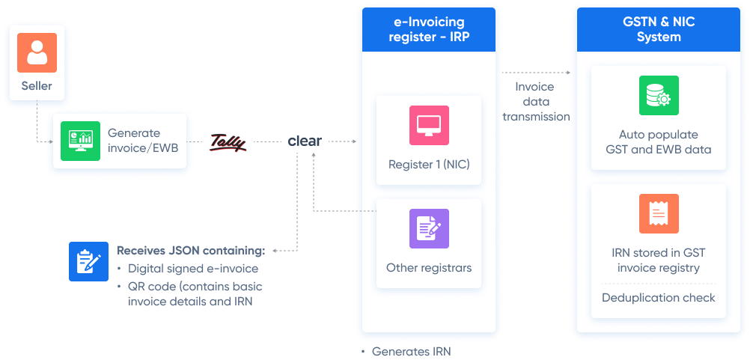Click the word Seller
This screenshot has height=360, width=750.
37,86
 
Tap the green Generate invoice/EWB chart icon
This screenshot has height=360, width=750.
80,141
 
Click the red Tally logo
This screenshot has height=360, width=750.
228,141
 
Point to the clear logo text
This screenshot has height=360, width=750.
305,141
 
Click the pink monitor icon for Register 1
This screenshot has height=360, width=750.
429,125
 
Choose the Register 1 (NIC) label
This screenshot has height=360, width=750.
429,165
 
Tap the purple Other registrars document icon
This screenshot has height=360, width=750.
429,228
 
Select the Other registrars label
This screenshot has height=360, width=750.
429,268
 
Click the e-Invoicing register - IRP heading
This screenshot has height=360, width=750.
429,30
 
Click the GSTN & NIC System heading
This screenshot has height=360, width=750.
659,30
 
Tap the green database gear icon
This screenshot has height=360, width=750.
659,95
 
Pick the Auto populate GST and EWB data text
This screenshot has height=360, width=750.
659,142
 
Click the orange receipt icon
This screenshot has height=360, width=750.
659,213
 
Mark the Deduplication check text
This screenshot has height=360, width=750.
659,298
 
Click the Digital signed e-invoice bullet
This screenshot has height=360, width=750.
192,268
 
